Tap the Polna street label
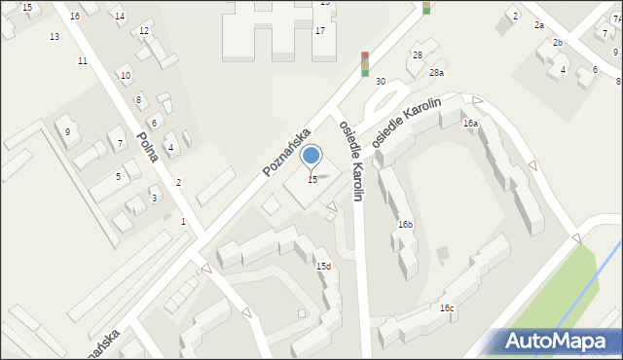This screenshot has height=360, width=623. point(148,150)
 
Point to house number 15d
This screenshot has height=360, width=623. point(323,266)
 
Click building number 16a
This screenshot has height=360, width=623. point(471,124)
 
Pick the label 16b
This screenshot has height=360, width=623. point(405,225)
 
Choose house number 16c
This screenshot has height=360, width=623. point(446,308)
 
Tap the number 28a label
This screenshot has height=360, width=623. point(437,73)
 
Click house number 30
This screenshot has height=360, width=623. point(381,81)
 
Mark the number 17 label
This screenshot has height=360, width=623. point(319,30)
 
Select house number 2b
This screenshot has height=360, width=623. point(558,43)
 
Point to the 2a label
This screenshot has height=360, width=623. point(538,24)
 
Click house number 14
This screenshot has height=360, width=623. point(119,17)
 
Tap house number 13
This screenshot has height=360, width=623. point(55,36)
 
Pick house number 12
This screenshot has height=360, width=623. point(144,30)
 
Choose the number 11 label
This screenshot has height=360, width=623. point(83,60)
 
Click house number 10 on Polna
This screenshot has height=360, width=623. point(125,75)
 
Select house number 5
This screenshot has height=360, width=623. point(118,176)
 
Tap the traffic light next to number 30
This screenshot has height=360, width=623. point(364,63)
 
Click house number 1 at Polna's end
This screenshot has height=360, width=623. point(183,221)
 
